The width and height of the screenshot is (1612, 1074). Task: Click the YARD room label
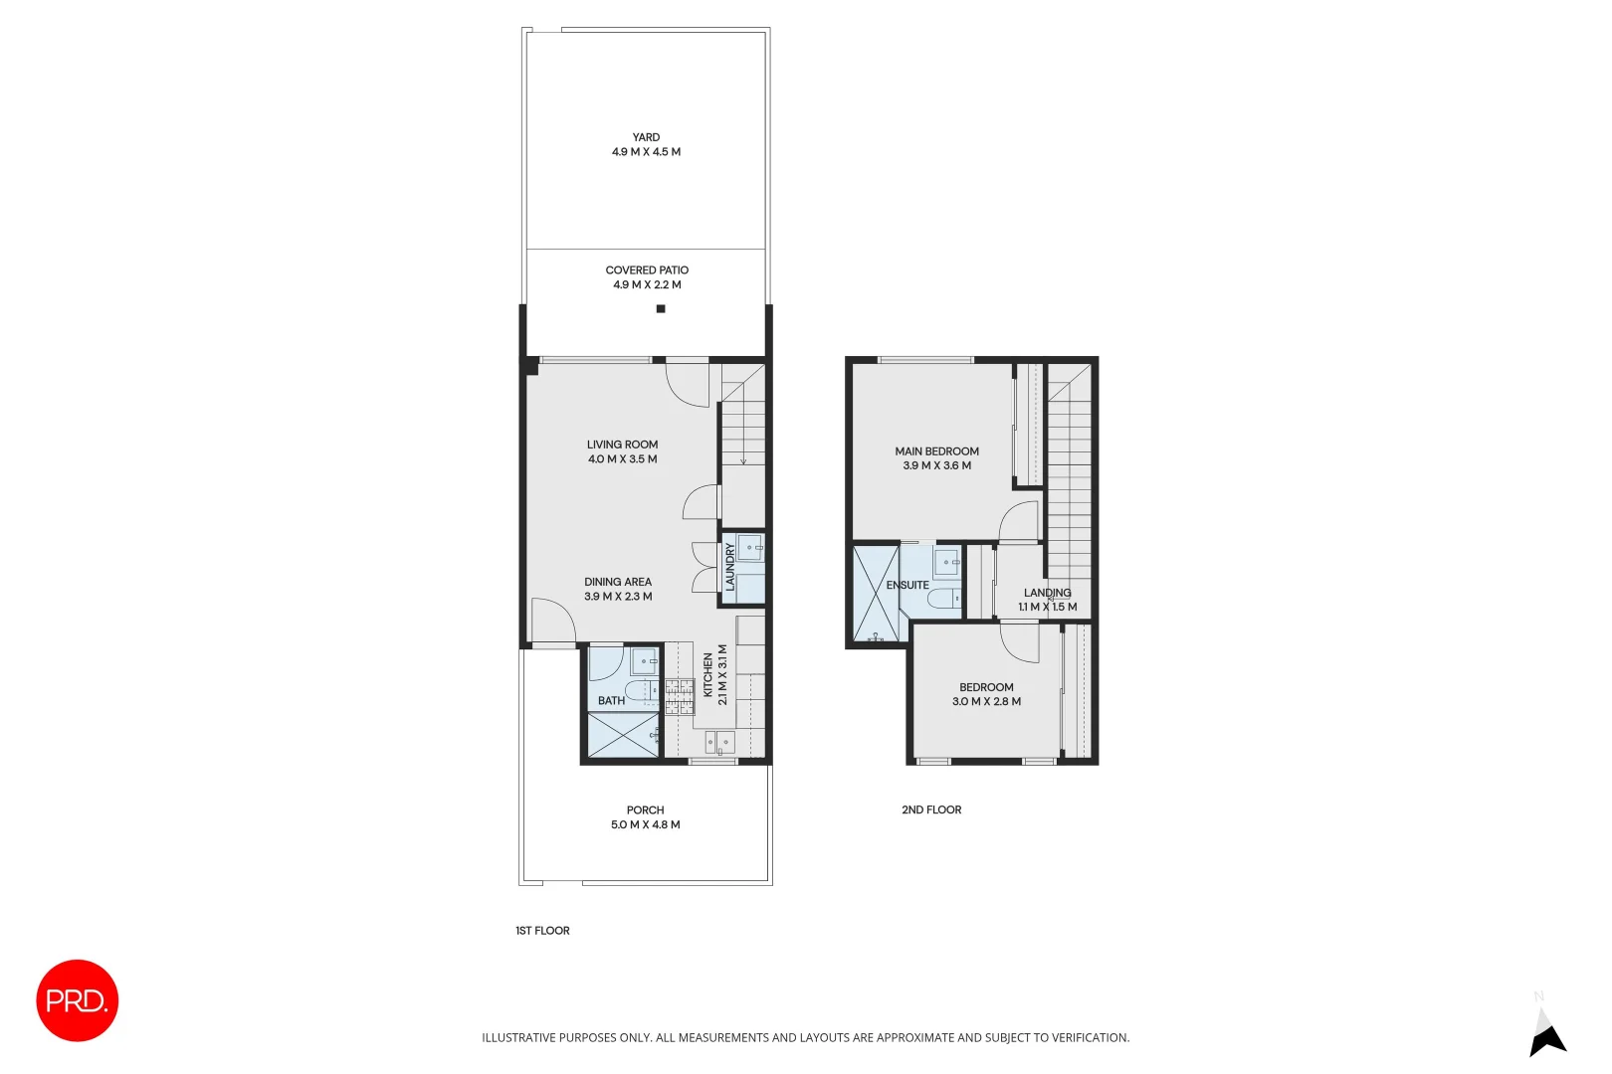coord(646,137)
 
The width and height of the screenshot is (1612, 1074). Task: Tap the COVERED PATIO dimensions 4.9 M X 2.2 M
coord(647,285)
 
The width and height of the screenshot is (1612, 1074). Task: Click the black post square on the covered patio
coord(661,309)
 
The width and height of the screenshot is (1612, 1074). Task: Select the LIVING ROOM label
coord(622,445)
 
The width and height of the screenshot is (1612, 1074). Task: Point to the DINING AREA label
coord(618,582)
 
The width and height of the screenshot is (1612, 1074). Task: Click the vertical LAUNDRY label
coord(730,567)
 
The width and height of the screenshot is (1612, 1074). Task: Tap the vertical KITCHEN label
coord(708,675)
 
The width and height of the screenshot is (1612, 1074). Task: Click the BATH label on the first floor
coord(611,701)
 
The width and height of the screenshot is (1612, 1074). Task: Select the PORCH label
coord(645,810)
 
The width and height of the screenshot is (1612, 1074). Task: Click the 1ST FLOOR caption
coord(542,931)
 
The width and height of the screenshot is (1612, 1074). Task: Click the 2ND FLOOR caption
coord(931,810)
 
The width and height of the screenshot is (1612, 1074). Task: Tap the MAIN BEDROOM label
coord(936,451)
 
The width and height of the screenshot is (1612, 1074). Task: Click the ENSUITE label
coord(907,586)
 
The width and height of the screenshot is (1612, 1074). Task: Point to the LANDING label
coord(1047,593)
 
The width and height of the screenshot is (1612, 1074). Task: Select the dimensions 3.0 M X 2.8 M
coord(986,702)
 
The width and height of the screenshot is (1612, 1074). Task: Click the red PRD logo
coord(78,1000)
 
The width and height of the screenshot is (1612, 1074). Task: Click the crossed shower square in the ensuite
coord(876,594)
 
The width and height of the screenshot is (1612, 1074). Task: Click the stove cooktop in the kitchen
coord(680,696)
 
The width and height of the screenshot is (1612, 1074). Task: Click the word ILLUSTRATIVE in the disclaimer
coord(518,1038)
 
